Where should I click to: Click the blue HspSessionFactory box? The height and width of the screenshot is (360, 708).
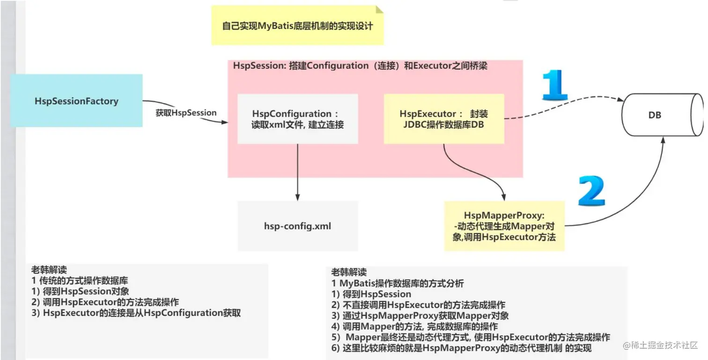[x=76, y=101]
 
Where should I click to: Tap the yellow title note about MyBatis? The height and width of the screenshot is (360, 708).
[x=297, y=26]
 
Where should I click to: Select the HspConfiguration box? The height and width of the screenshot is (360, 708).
[x=298, y=119]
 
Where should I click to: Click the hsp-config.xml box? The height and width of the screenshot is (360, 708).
[x=298, y=226]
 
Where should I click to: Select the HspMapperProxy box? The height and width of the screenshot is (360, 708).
[x=504, y=226]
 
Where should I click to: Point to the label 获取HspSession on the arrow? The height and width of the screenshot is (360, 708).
[x=186, y=113]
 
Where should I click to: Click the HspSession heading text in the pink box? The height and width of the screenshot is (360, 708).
[x=360, y=66]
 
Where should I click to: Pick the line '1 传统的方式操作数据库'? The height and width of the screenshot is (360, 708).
[x=80, y=281]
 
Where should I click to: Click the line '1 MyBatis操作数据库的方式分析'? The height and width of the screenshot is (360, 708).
[x=398, y=284]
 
